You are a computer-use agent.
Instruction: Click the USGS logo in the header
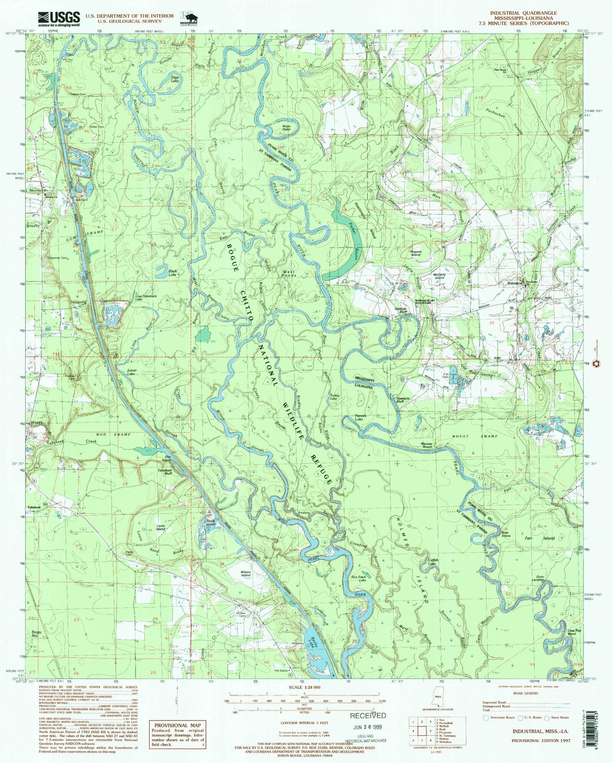point(59,18)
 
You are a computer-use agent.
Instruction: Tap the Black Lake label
point(172,273)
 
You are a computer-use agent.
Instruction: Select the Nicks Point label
point(287,128)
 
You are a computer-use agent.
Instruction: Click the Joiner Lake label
point(131,372)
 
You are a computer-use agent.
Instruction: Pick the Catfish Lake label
point(432,562)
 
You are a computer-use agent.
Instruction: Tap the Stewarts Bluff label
point(403,400)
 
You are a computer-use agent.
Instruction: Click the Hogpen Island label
point(416,253)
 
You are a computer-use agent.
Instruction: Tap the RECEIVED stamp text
point(368,715)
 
